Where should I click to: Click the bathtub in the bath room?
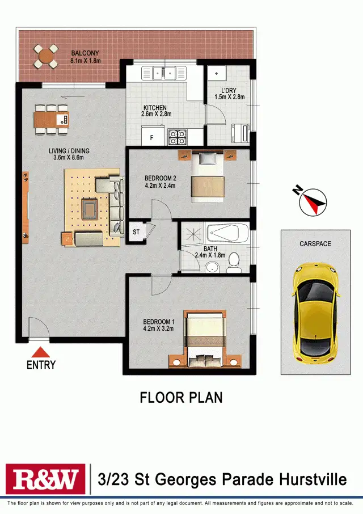[x=227, y=234]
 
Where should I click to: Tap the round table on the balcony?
[x=45, y=56]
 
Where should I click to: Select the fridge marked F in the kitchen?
[x=152, y=137]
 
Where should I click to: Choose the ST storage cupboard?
[x=136, y=232]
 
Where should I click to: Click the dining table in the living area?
[x=52, y=120]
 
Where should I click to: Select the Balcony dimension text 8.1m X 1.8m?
[x=85, y=60]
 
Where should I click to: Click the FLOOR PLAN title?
[x=181, y=398]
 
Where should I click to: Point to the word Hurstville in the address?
[x=313, y=480]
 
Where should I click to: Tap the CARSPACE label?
[x=315, y=244]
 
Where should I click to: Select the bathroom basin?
[x=212, y=268]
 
